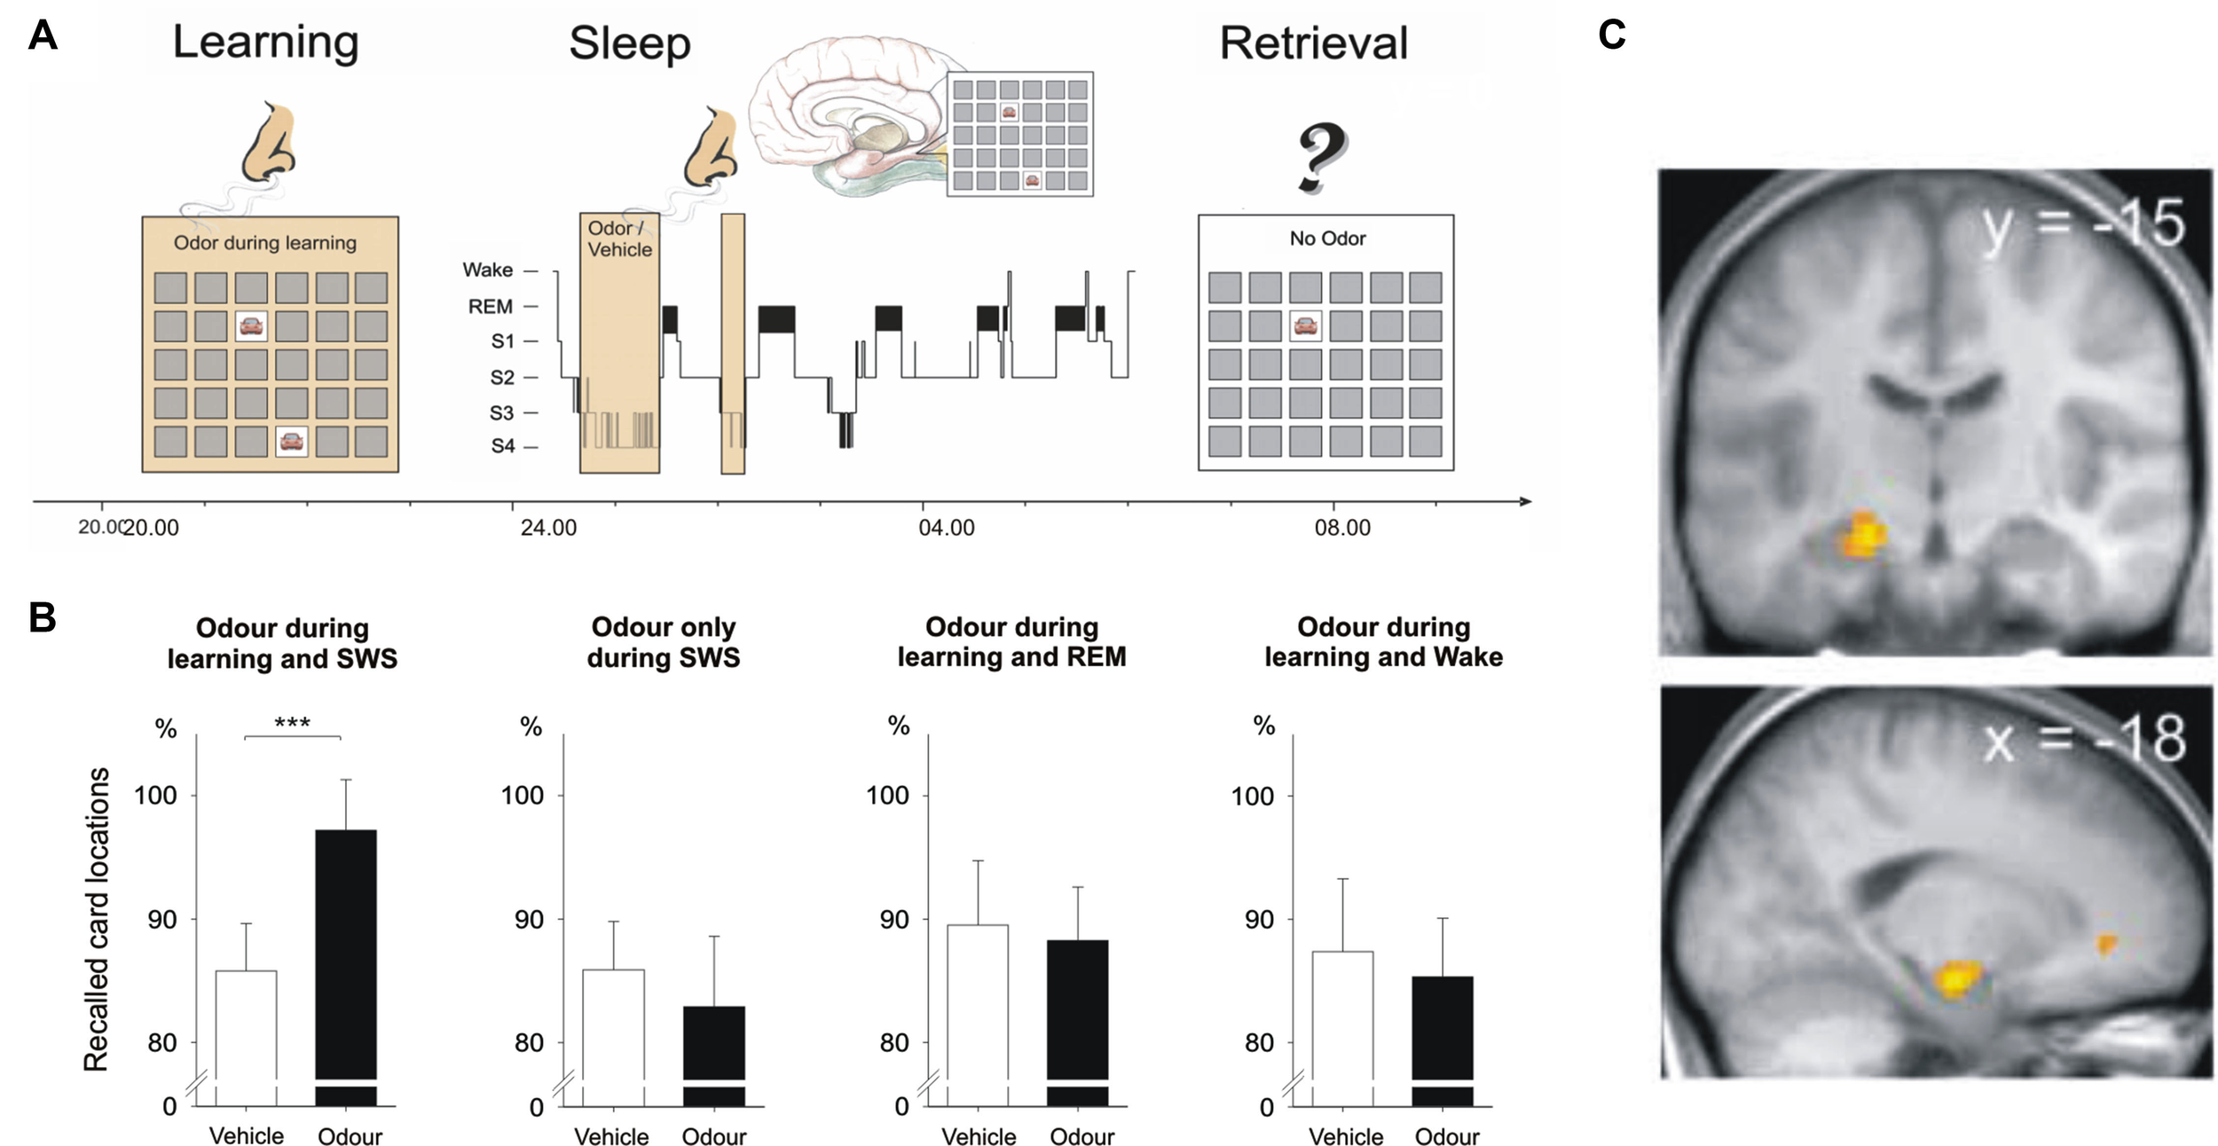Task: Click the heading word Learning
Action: click(x=265, y=42)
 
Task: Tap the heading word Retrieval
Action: click(x=1313, y=43)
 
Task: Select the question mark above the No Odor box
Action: click(x=1322, y=158)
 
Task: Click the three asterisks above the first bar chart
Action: click(x=292, y=724)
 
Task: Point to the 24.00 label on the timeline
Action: click(x=548, y=528)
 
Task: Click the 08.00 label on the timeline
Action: click(x=1342, y=528)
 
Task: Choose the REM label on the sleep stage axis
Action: click(x=491, y=307)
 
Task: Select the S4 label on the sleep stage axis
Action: click(x=503, y=446)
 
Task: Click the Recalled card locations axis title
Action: click(x=97, y=919)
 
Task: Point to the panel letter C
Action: click(x=1611, y=35)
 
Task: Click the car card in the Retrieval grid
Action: click(x=1304, y=326)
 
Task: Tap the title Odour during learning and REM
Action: click(x=1011, y=641)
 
